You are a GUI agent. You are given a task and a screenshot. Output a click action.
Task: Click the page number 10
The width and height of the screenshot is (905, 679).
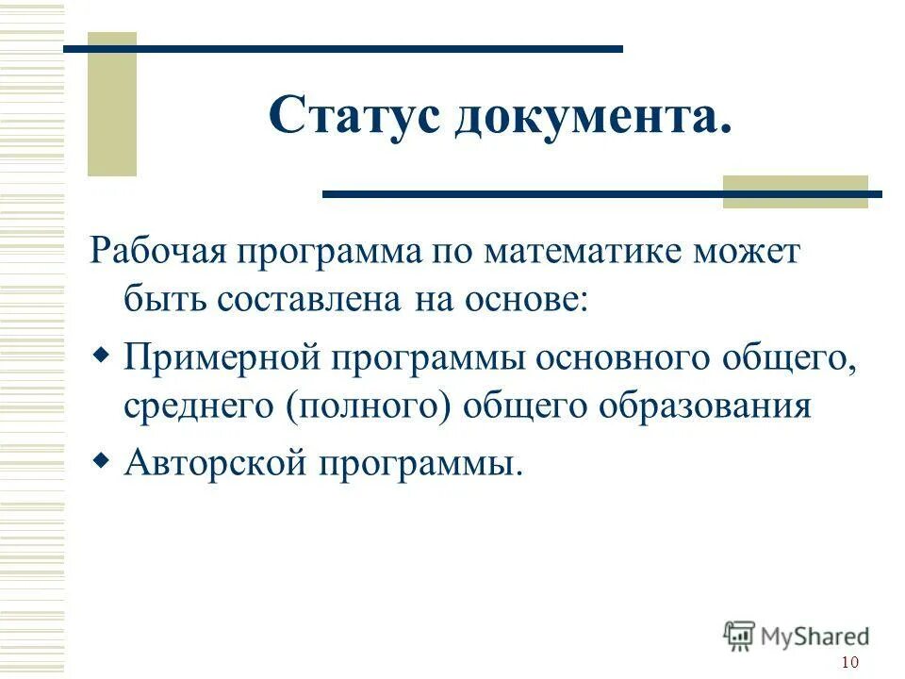point(848,662)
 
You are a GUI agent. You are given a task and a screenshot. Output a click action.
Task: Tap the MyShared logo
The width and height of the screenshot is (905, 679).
point(796,635)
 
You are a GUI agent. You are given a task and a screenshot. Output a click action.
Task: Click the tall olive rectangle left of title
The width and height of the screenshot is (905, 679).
point(112,105)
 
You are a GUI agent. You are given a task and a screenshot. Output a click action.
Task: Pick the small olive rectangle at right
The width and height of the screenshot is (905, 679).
point(795,191)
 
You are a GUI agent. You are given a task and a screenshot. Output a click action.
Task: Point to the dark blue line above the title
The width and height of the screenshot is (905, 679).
point(343,48)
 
